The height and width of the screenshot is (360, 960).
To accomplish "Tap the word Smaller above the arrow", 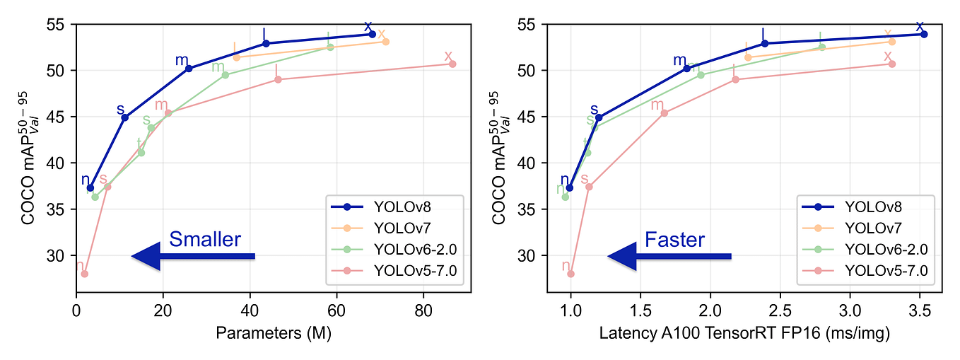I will [x=205, y=240].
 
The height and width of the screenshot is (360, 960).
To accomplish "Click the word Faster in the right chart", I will [x=674, y=240].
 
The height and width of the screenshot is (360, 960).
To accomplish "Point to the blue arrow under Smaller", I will [x=193, y=256].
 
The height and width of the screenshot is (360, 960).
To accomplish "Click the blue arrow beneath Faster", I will [x=669, y=256].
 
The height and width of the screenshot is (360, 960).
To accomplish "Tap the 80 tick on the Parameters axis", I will [x=423, y=310].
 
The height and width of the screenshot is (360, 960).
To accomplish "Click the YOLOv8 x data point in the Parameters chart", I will [x=372, y=34].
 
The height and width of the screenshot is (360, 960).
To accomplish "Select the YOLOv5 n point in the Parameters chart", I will [x=84, y=274].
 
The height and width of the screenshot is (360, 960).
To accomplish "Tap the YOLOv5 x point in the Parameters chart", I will [x=452, y=64].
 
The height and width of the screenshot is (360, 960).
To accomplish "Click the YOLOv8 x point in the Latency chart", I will [x=924, y=34].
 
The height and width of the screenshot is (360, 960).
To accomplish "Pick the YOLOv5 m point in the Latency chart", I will [x=664, y=113].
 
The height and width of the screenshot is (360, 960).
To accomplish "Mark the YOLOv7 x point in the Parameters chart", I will [x=385, y=42].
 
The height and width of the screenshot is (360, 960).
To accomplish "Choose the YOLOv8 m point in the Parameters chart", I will [x=189, y=69].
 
